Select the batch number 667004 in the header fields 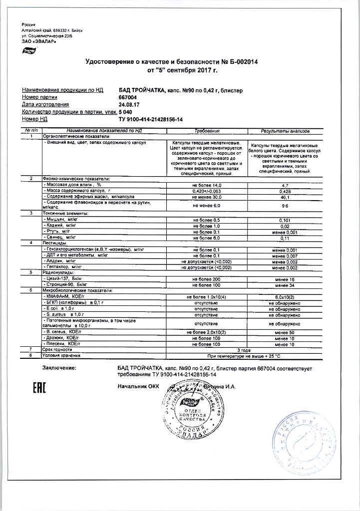128,97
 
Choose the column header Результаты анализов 285,130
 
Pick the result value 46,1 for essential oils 285,197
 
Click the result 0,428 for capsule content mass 285,191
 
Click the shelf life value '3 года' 245,350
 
